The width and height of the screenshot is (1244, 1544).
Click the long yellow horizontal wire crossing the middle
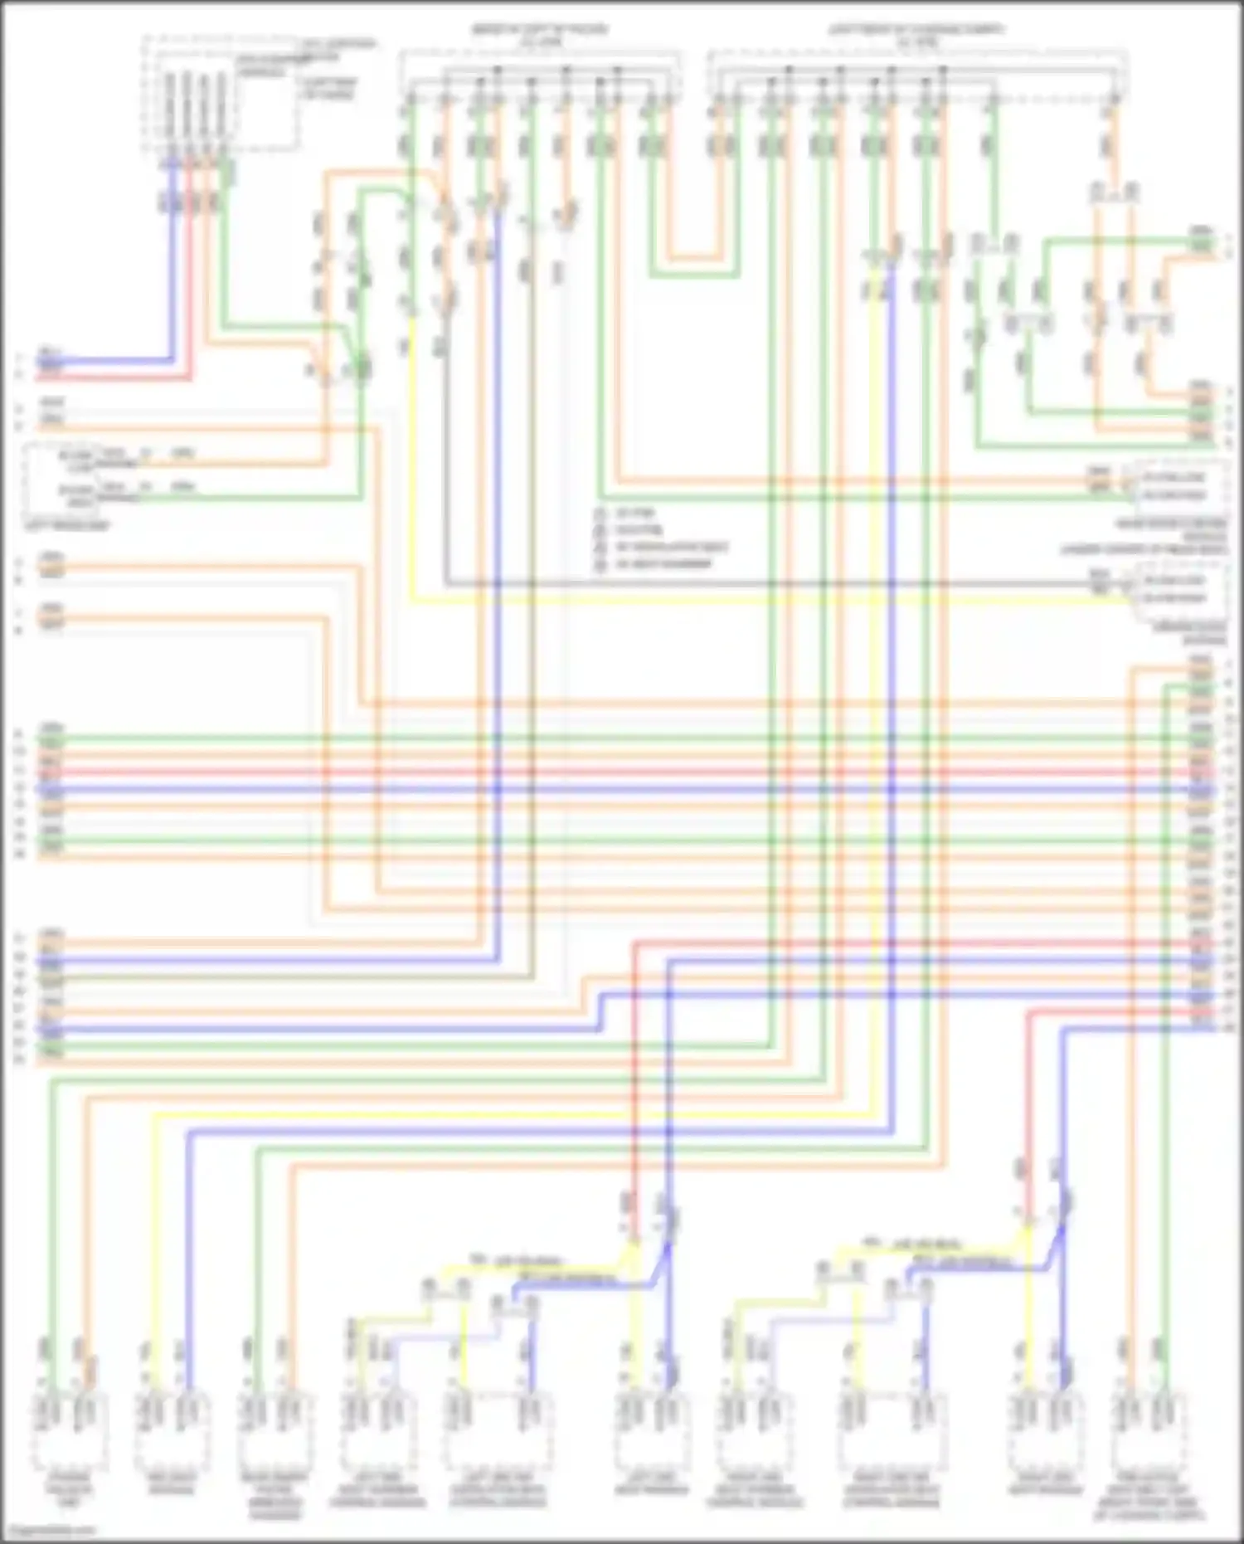pos(746,598)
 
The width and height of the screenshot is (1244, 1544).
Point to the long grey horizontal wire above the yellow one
pos(746,583)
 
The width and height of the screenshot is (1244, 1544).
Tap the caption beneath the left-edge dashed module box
pos(66,525)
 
